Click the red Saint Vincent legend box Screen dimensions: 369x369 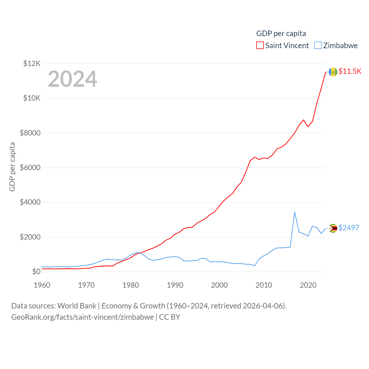pyautogui.click(x=260, y=46)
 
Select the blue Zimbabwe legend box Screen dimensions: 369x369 pyautogui.click(x=318, y=46)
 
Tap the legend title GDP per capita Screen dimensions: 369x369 pyautogui.click(x=281, y=33)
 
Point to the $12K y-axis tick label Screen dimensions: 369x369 pyautogui.click(x=32, y=63)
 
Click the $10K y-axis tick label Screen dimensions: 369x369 pyautogui.click(x=32, y=98)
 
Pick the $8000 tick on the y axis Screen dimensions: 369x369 pyautogui.click(x=30, y=133)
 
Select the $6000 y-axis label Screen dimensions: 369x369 pyautogui.click(x=30, y=167)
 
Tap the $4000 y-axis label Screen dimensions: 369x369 pyautogui.click(x=30, y=202)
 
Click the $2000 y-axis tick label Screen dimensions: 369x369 pyautogui.click(x=30, y=237)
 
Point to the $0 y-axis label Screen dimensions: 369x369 pyautogui.click(x=36, y=272)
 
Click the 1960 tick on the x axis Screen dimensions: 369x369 pyautogui.click(x=42, y=285)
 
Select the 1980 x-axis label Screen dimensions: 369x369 pyautogui.click(x=131, y=285)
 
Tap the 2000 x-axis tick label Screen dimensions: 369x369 pyautogui.click(x=219, y=285)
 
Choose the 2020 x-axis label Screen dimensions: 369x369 pyautogui.click(x=308, y=285)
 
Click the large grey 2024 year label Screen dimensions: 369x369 pyautogui.click(x=72, y=79)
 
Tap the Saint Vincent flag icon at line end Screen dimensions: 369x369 pyautogui.click(x=333, y=72)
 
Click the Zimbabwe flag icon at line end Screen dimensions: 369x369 pyautogui.click(x=333, y=228)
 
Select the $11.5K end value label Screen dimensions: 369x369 pyautogui.click(x=350, y=71)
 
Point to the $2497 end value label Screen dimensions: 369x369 pyautogui.click(x=349, y=228)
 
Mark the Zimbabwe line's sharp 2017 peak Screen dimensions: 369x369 pyautogui.click(x=295, y=212)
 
